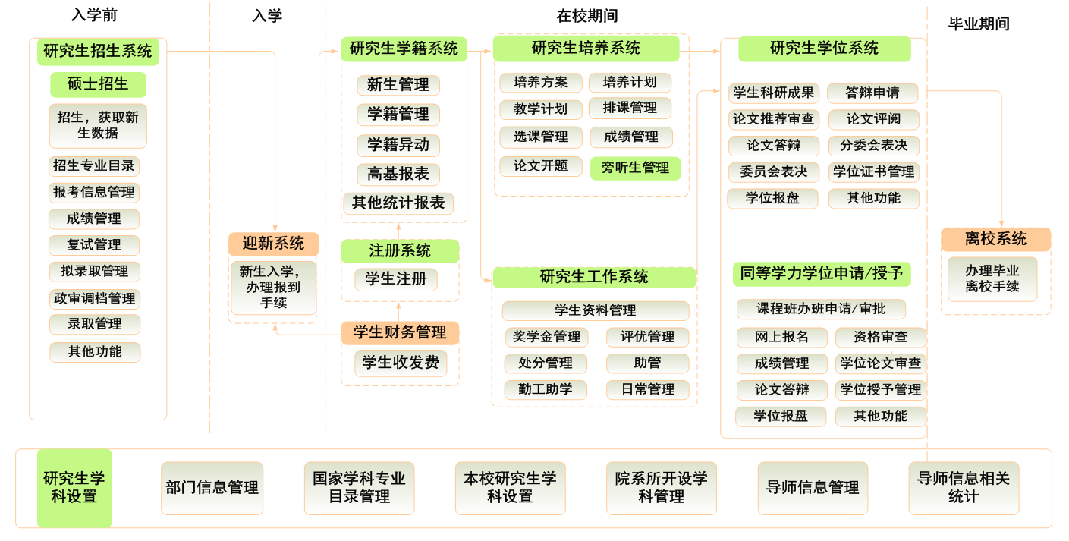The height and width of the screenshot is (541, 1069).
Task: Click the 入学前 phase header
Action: pyautogui.click(x=94, y=16)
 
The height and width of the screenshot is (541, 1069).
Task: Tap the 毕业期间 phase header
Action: pyautogui.click(x=979, y=24)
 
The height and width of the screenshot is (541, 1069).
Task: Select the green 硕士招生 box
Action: pyautogui.click(x=98, y=84)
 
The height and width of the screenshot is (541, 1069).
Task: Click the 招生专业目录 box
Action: pyautogui.click(x=94, y=166)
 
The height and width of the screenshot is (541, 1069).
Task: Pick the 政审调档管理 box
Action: pyautogui.click(x=94, y=298)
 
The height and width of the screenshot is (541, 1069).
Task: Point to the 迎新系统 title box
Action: pyautogui.click(x=273, y=244)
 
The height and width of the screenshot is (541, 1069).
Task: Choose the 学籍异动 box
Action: pyautogui.click(x=398, y=145)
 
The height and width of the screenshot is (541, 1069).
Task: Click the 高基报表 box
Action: pyautogui.click(x=398, y=175)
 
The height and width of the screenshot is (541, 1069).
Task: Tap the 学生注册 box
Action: pyautogui.click(x=396, y=279)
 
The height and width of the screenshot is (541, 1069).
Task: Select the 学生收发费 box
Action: pyautogui.click(x=401, y=363)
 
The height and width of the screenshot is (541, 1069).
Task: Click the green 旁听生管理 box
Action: pyautogui.click(x=635, y=168)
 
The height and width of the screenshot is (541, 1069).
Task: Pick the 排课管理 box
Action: pyautogui.click(x=630, y=108)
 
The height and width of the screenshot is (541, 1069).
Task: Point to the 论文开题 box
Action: pyautogui.click(x=540, y=166)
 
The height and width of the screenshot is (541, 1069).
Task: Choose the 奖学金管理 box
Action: pyautogui.click(x=546, y=337)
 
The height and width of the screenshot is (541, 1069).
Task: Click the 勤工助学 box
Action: pyautogui.click(x=546, y=389)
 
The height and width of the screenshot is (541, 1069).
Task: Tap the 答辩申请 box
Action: pyautogui.click(x=872, y=93)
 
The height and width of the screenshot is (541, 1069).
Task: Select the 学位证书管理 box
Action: pyautogui.click(x=874, y=171)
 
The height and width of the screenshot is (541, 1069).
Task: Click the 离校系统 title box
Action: pyautogui.click(x=995, y=239)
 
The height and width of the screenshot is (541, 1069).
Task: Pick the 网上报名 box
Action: pyautogui.click(x=781, y=337)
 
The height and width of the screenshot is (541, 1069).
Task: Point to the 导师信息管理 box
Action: pyautogui.click(x=812, y=488)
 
